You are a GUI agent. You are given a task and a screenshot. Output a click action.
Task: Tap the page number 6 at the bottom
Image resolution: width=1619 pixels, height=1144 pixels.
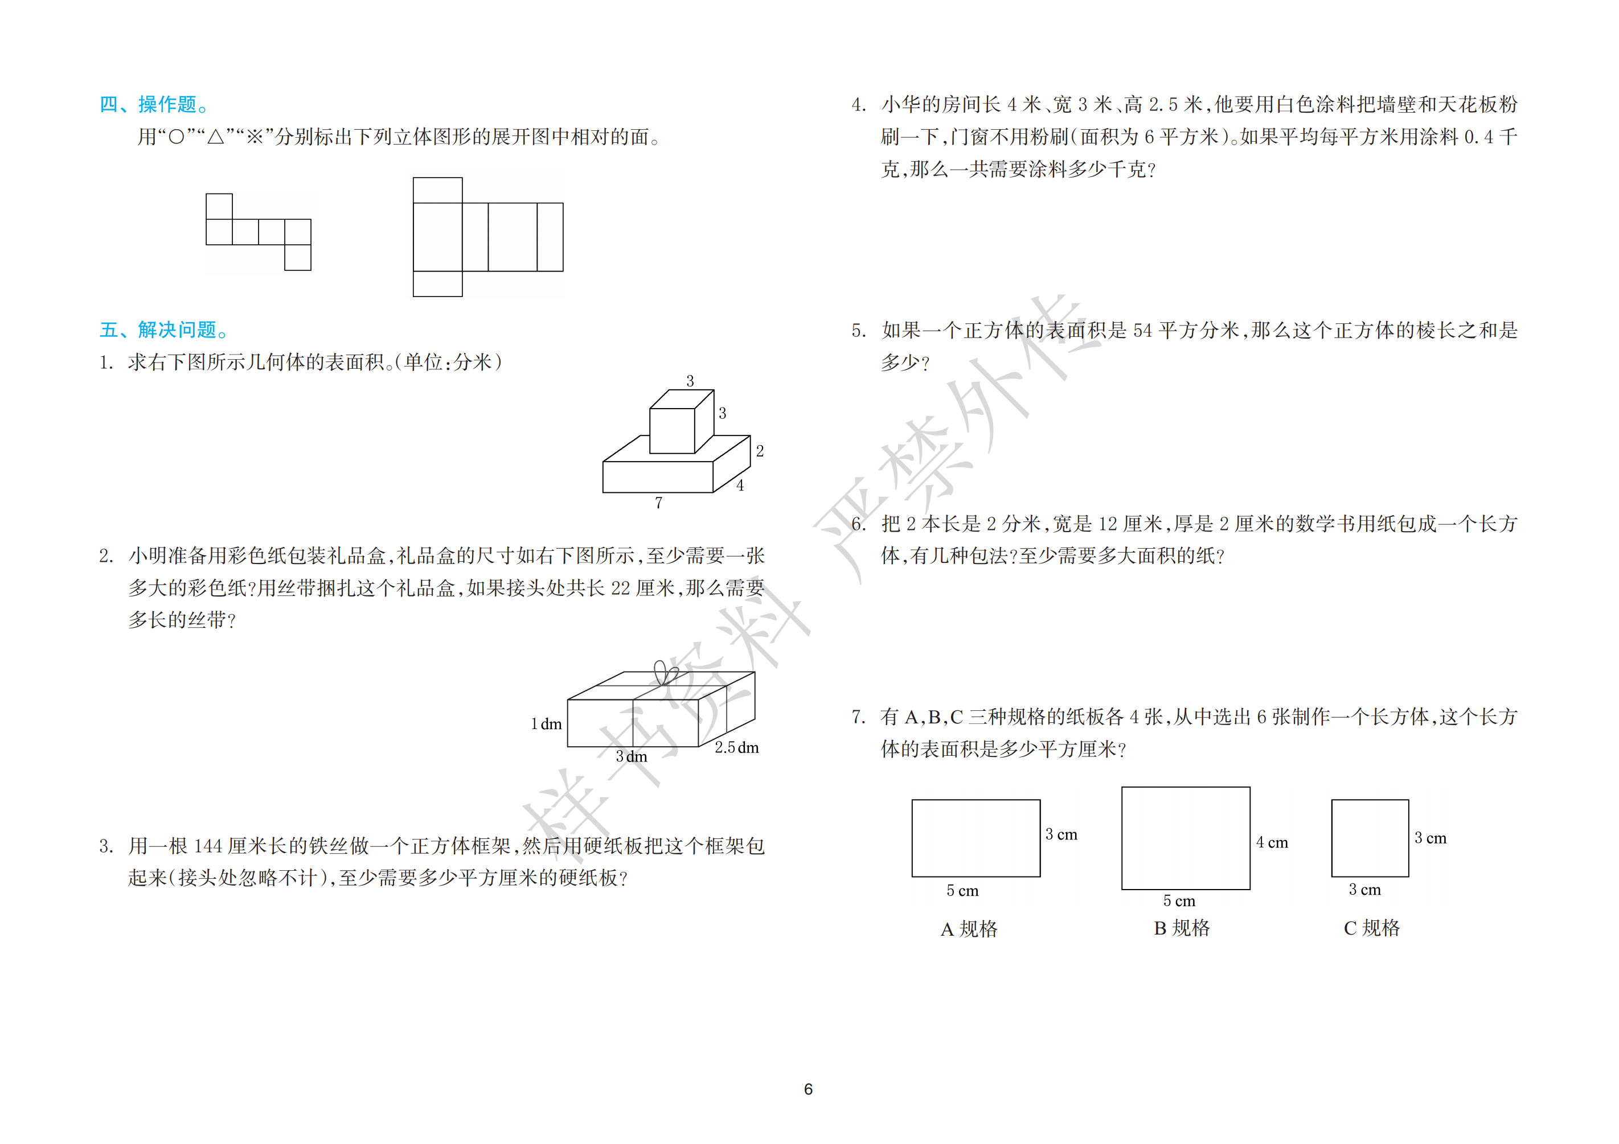pos(808,1089)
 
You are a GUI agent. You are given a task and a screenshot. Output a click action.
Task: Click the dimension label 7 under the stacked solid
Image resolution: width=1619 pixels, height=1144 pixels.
pos(659,503)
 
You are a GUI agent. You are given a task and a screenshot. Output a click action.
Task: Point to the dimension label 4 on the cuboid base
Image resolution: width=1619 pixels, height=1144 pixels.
pos(740,485)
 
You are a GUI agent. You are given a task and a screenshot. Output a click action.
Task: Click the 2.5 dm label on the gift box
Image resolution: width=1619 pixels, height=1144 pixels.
pos(737,747)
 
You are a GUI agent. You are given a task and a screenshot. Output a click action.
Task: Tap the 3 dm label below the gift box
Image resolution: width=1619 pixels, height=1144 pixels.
pos(631,756)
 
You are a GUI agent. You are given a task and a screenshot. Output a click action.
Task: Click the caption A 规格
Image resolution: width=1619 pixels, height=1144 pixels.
pos(969,928)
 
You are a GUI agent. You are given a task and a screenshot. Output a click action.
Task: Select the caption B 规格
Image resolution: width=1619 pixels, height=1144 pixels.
pos(1182,928)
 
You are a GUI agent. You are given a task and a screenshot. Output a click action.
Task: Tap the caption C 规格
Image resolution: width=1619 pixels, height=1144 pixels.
pos(1371,928)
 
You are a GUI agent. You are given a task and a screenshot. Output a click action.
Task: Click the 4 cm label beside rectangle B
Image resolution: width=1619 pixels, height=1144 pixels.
pos(1272,842)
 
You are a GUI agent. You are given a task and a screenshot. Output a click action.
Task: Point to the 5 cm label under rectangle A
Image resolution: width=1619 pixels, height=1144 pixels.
pos(962,890)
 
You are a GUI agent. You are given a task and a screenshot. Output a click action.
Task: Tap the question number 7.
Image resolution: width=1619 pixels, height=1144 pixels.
pos(858,717)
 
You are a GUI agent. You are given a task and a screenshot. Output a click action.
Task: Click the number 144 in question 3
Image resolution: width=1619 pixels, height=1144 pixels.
pos(208,846)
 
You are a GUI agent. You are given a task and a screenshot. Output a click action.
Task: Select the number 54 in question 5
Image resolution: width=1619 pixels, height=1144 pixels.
pos(1142,330)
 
